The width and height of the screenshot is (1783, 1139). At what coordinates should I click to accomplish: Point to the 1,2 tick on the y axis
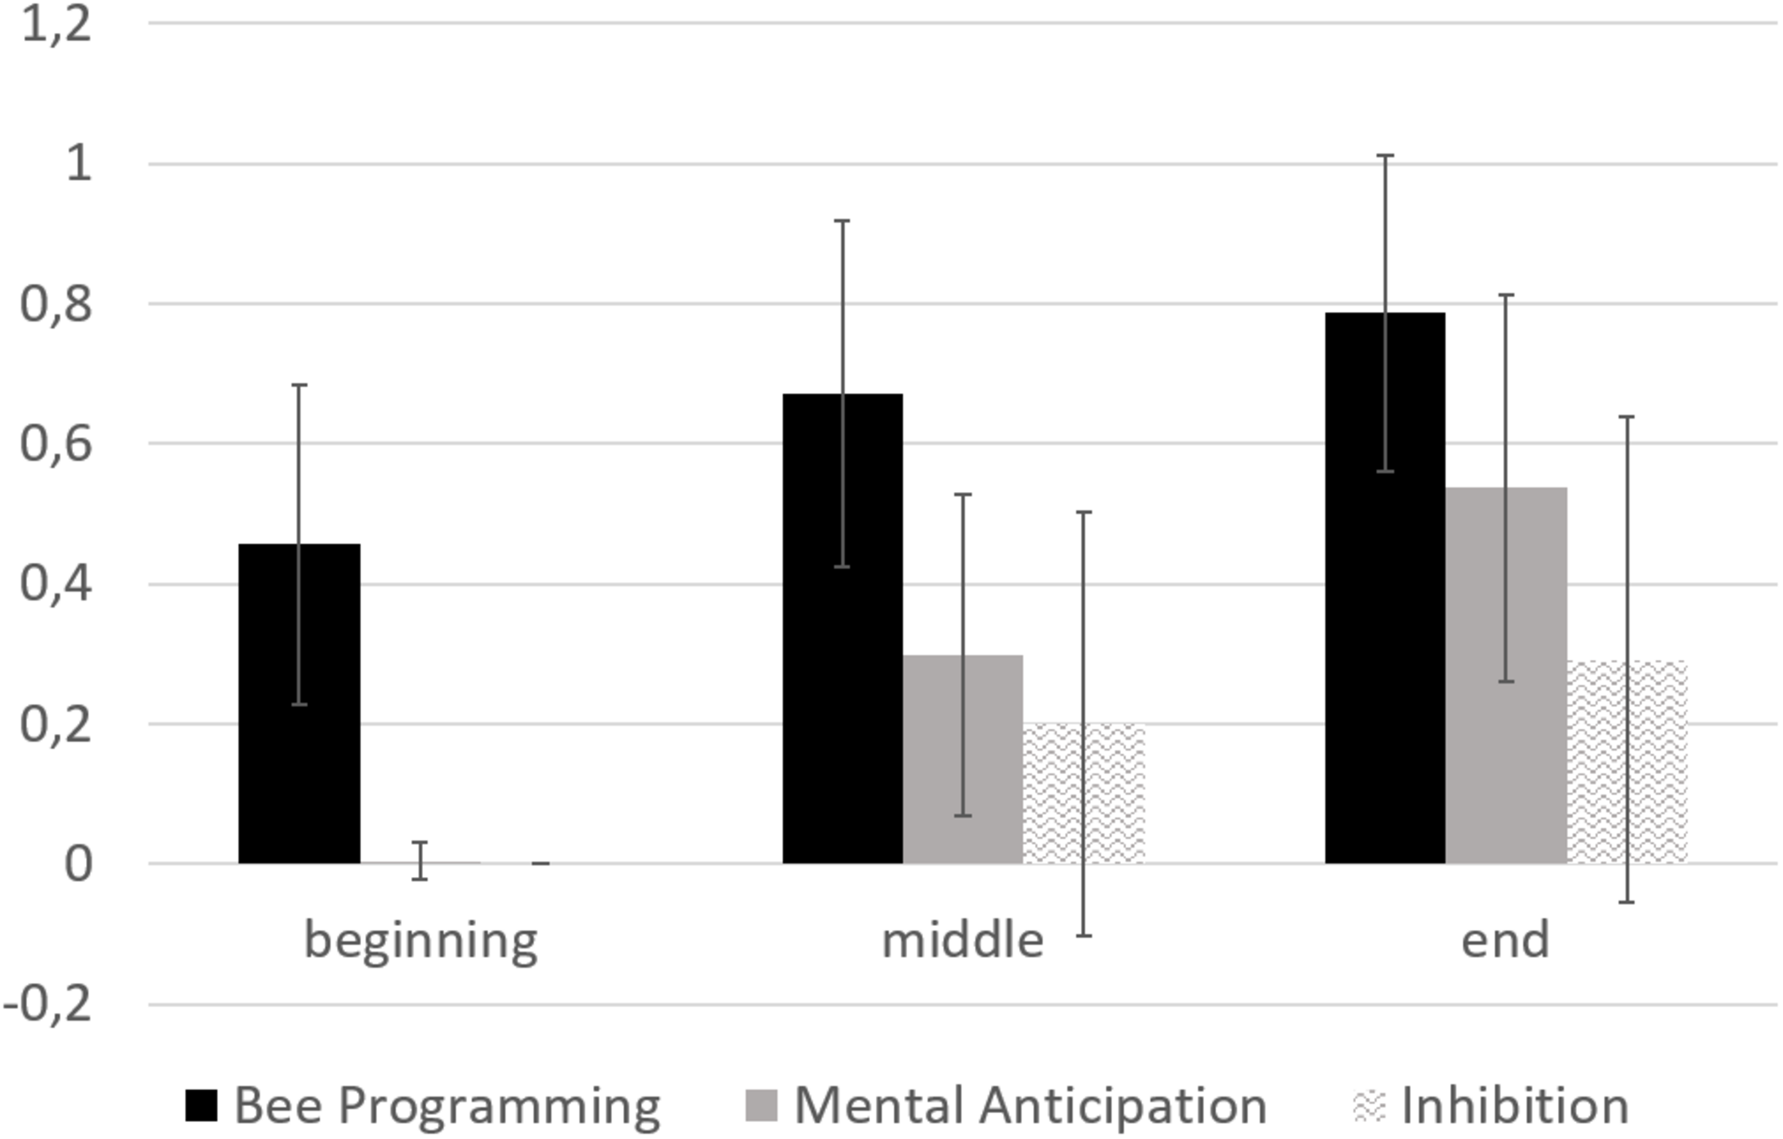point(56,24)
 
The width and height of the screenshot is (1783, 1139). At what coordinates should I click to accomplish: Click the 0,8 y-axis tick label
point(56,305)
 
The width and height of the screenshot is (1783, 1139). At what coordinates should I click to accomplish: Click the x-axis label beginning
point(421,940)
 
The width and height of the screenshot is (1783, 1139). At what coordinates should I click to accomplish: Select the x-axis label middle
point(963,940)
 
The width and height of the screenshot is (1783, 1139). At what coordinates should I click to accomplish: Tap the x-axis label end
point(1505,940)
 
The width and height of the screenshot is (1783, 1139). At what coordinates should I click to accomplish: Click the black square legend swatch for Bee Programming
point(201,1105)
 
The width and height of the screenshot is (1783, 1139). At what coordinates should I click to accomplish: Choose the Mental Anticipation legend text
point(1030,1105)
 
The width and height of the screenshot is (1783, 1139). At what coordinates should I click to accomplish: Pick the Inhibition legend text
point(1514,1105)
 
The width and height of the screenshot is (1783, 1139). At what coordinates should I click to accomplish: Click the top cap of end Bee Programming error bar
point(1385,155)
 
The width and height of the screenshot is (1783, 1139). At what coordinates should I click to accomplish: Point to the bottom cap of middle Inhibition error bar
point(1083,936)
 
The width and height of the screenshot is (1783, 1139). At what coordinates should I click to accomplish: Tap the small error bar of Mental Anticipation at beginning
point(420,860)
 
